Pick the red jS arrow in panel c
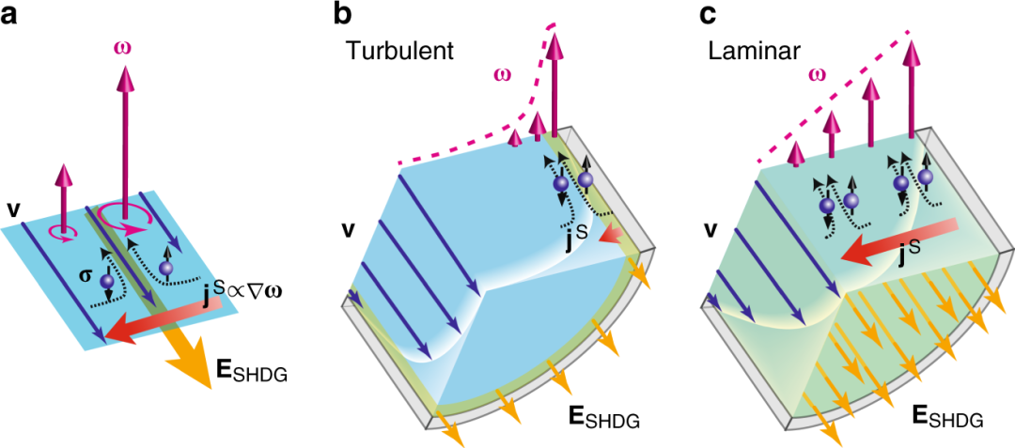click(893, 239)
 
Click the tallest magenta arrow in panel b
click(555, 80)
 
